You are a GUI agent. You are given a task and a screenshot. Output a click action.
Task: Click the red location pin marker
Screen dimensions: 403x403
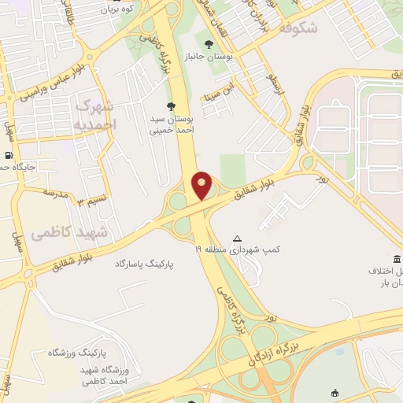(202, 185)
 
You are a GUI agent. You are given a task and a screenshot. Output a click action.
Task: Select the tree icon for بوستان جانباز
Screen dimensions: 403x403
(209, 44)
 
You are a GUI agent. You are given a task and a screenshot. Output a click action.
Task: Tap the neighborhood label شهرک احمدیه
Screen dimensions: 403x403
(98, 115)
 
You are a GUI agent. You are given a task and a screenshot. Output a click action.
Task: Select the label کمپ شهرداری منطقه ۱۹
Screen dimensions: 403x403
(239, 250)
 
